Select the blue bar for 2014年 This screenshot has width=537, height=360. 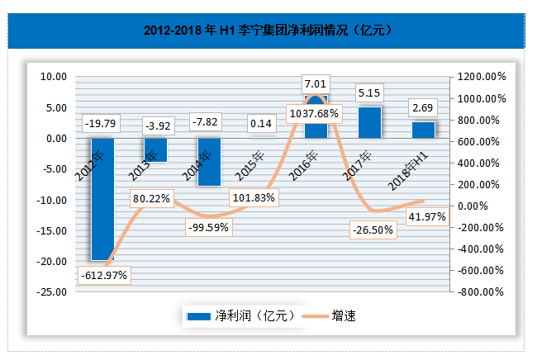click(x=209, y=165)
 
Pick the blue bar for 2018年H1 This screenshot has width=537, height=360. click(x=423, y=130)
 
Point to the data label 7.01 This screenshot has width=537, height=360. click(x=316, y=84)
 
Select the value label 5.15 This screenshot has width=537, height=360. click(x=369, y=92)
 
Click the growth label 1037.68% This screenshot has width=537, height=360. click(x=314, y=112)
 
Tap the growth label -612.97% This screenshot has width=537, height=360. click(x=104, y=275)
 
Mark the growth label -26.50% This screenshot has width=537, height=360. click(x=370, y=229)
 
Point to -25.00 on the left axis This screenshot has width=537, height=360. click(x=55, y=291)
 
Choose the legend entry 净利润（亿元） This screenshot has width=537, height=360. click(x=235, y=315)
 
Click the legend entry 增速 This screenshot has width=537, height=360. click(x=330, y=315)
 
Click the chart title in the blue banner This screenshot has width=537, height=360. click(x=268, y=31)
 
